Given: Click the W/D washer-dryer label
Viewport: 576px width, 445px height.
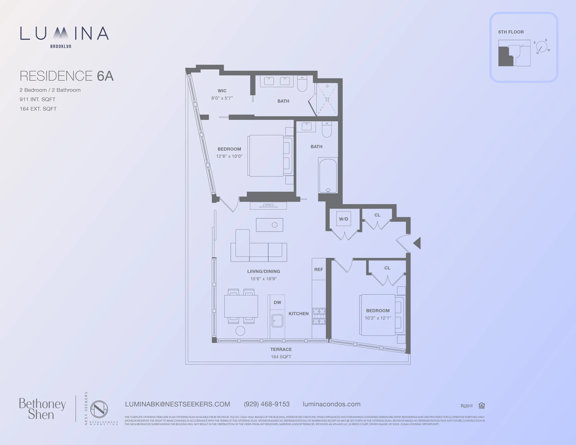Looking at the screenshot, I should (x=343, y=219).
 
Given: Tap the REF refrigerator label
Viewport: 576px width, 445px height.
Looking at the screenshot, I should (x=318, y=269).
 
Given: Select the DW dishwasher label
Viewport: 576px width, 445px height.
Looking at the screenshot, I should (x=277, y=302).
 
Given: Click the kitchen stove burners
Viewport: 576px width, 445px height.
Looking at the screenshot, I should (x=319, y=316).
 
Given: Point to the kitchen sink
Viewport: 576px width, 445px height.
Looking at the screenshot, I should (x=277, y=321).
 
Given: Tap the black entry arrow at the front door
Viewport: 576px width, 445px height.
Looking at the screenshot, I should (x=417, y=243).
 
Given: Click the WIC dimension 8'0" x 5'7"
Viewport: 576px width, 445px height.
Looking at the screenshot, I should (x=222, y=98).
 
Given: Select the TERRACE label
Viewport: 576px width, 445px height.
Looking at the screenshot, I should (x=281, y=349).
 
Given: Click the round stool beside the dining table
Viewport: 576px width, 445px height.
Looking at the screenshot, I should (x=240, y=331).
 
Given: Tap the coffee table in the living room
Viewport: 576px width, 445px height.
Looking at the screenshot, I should (x=269, y=225).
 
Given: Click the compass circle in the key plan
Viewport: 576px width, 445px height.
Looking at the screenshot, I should (x=541, y=47).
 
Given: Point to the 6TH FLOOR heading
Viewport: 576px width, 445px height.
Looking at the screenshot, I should (x=511, y=32).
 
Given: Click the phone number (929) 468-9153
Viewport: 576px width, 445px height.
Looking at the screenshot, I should (x=267, y=404).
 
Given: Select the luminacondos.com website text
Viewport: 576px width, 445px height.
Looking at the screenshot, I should (x=331, y=404).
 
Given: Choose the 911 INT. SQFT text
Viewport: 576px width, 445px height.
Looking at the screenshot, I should (x=38, y=99).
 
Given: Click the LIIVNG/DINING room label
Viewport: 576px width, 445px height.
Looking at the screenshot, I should (x=263, y=271).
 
